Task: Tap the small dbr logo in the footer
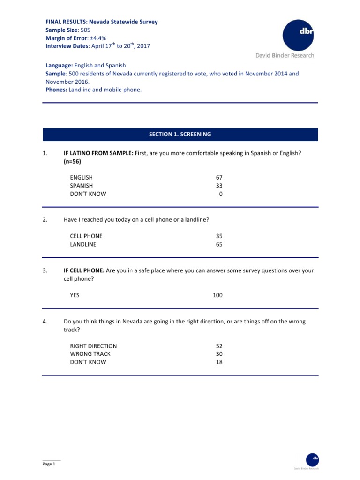[312, 459]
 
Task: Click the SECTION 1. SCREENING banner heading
[180, 134]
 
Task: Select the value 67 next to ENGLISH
[219, 177]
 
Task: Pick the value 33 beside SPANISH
[219, 186]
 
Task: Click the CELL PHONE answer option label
[86, 236]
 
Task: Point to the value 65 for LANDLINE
[219, 244]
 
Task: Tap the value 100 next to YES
[217, 295]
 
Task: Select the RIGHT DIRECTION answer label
[93, 346]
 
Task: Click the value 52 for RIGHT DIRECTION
[219, 346]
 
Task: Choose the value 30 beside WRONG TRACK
[219, 354]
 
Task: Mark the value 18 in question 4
[219, 362]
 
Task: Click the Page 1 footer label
[49, 464]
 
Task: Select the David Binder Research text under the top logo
[285, 55]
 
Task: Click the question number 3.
[45, 270]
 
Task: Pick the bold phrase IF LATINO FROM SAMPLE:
[98, 152]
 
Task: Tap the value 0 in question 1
[220, 194]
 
